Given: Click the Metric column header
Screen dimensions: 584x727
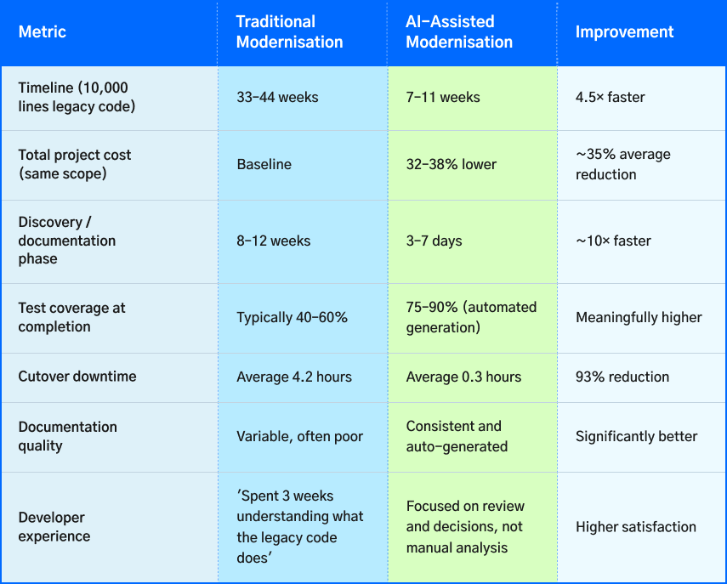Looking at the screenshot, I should point(42,32).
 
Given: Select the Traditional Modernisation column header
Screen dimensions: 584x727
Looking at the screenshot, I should point(289,32).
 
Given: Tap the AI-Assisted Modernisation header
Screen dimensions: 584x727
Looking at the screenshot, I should point(459,32).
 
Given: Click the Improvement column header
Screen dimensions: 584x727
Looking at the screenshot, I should point(624,32).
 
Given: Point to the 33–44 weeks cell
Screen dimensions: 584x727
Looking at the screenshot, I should point(277,98).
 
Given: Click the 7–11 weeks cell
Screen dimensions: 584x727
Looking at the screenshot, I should point(443,98).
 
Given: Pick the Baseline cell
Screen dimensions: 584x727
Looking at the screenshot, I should point(264,165).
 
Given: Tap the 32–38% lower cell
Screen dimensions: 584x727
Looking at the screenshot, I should point(451,165).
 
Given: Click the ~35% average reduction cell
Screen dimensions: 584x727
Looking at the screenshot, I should point(622,165).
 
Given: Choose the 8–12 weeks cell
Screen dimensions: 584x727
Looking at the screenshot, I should point(273,241).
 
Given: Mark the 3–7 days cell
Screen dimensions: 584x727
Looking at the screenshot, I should point(434,241).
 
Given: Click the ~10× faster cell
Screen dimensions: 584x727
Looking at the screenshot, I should point(613,241).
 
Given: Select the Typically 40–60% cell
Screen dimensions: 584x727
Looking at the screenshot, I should point(292,318).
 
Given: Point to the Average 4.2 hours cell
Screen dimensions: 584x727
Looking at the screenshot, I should point(293,377).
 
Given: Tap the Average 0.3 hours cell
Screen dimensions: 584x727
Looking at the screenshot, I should point(463,377).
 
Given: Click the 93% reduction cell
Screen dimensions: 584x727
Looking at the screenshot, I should point(622,377).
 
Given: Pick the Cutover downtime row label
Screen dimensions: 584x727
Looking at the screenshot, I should point(77,377).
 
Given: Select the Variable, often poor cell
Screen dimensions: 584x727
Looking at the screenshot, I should point(299,437).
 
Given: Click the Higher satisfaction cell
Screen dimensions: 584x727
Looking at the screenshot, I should point(635,527).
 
